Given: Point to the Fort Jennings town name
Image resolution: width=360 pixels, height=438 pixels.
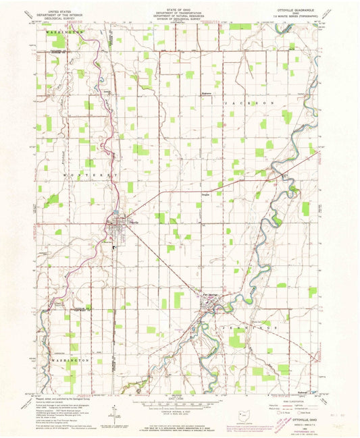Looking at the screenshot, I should tap(208, 294).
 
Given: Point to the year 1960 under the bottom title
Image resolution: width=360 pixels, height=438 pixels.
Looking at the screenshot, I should tap(291, 418).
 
